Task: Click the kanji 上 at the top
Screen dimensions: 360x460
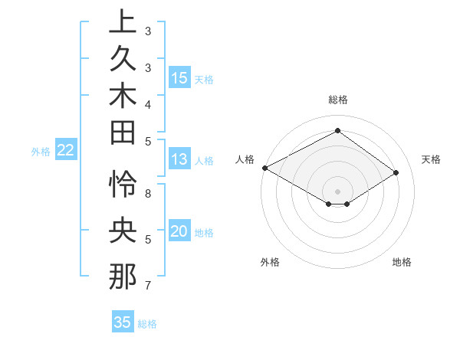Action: [123, 21]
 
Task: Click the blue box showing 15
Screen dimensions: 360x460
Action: [179, 77]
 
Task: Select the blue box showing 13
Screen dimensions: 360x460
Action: [179, 159]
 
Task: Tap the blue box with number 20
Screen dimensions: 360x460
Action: [179, 231]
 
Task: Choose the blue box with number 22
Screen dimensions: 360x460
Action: [66, 150]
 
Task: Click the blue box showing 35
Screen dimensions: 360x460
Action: [123, 322]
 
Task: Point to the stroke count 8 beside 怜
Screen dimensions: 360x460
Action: [147, 194]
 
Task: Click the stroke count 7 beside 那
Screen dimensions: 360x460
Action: [147, 286]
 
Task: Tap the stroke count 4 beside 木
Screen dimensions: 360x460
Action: [147, 103]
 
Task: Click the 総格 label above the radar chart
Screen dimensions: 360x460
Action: [337, 100]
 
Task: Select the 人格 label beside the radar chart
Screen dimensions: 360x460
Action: [245, 159]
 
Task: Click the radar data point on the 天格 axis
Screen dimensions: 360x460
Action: [396, 173]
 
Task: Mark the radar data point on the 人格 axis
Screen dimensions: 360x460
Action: [264, 167]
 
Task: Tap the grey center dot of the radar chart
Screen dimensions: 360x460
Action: [337, 191]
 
